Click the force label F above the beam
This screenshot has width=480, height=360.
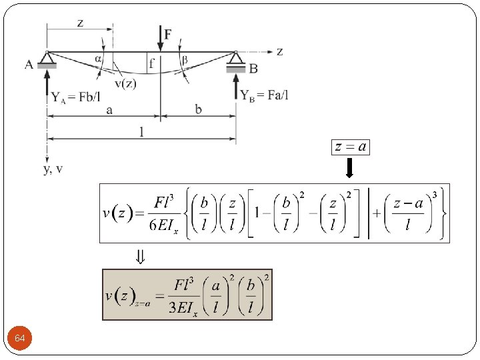tap(169, 33)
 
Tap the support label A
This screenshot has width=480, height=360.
tap(29, 65)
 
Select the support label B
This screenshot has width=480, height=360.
tap(253, 68)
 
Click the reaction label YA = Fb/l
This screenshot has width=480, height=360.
tap(77, 97)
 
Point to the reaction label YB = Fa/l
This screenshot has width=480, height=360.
tap(265, 96)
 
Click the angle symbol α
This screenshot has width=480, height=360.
tap(99, 59)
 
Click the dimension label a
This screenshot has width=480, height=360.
tap(109, 109)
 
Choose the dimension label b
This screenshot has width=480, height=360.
tap(199, 109)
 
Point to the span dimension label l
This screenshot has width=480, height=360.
tap(141, 131)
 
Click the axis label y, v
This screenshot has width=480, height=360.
tap(53, 169)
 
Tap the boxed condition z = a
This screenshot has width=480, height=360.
tap(350, 147)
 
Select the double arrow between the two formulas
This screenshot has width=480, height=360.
tap(141, 257)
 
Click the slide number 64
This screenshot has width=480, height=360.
tap(20, 339)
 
